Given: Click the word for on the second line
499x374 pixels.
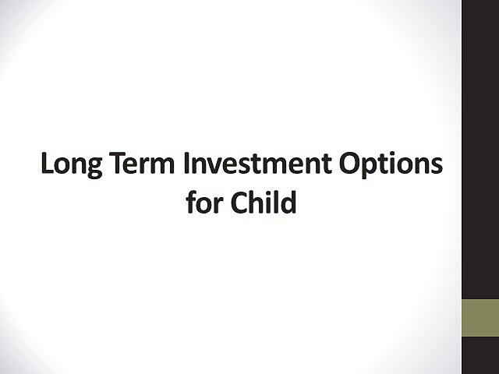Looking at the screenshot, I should click(x=205, y=202).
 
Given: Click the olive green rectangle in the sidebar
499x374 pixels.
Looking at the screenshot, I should click(x=480, y=318).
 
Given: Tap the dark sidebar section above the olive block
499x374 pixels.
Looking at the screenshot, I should click(x=480, y=148).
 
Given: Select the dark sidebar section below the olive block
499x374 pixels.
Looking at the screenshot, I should click(x=480, y=355).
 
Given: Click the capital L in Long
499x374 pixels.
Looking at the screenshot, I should click(x=48, y=164).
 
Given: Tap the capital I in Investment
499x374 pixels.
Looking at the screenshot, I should click(x=188, y=164).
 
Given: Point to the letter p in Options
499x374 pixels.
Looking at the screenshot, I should click(x=372, y=169).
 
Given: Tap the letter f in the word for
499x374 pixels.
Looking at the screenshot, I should click(x=192, y=201).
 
